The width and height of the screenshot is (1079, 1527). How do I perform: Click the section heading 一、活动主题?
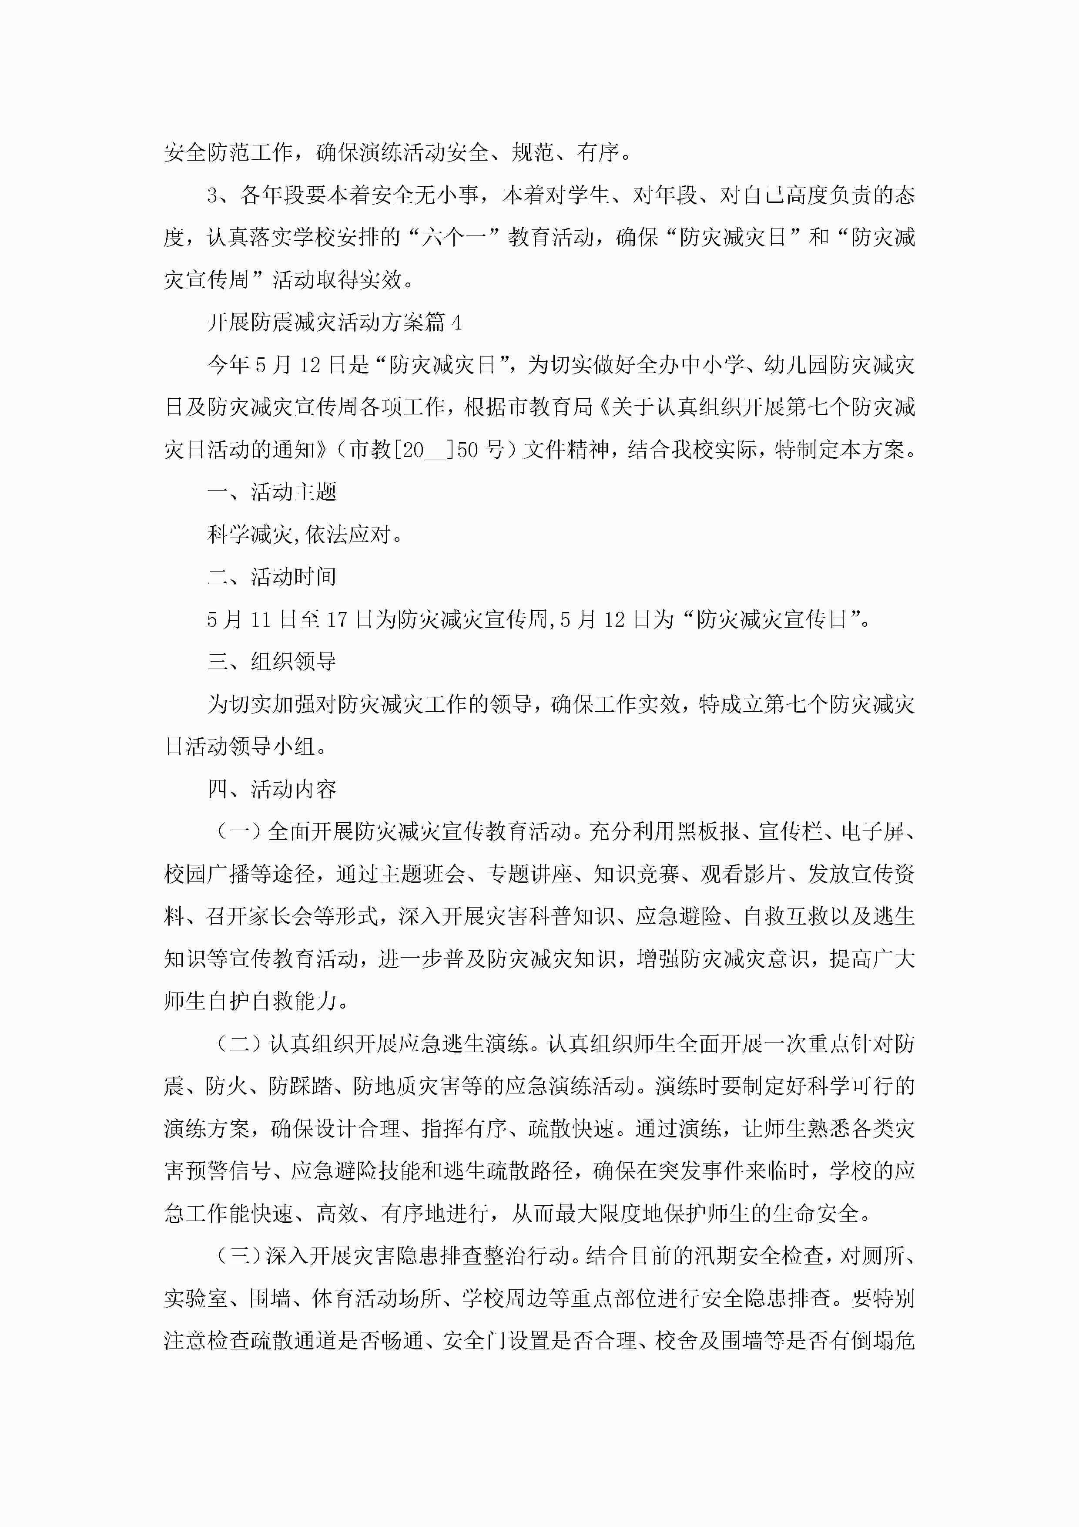click(272, 493)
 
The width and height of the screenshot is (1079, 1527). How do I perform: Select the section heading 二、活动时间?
click(272, 577)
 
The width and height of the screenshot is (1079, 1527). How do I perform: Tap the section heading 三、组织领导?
click(272, 662)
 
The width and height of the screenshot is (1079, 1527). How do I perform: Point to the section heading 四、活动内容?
click(272, 790)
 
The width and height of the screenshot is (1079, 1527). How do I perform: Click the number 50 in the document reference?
click(467, 450)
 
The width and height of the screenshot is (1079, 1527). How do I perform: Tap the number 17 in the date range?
click(337, 620)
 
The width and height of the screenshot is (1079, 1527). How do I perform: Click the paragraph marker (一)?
click(239, 832)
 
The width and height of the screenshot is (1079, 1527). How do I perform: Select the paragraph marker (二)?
click(239, 1044)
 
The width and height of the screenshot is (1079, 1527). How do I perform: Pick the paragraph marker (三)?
click(239, 1256)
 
